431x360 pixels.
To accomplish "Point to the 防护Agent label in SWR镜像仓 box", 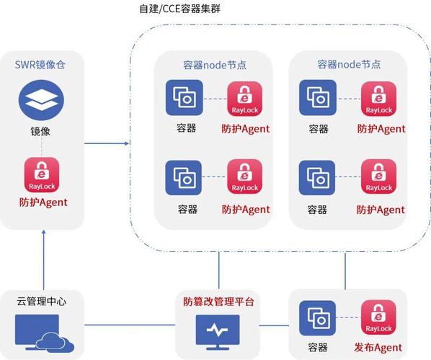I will pyautogui.click(x=43, y=202).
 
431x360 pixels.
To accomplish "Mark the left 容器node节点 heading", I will pyautogui.click(x=215, y=64).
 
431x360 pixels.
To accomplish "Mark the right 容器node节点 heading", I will pyautogui.click(x=349, y=64).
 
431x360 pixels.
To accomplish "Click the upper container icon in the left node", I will pyautogui.click(x=183, y=97).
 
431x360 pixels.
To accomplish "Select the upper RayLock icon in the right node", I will pyautogui.click(x=378, y=97).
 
